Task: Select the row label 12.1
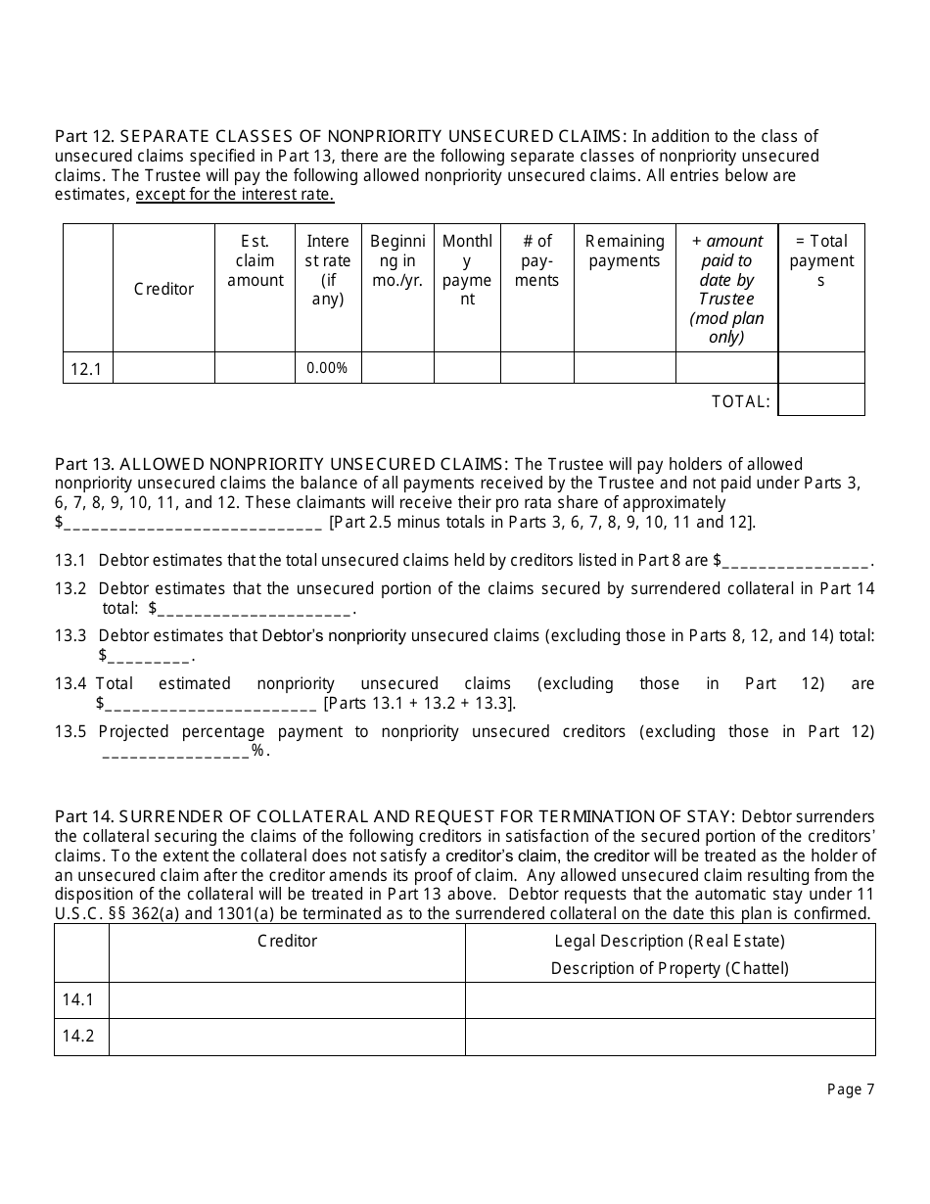pyautogui.click(x=87, y=369)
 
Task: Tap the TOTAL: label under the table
pyautogui.click(x=740, y=400)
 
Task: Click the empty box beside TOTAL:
pyautogui.click(x=820, y=399)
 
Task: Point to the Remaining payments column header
pyautogui.click(x=625, y=251)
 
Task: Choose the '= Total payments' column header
pyautogui.click(x=820, y=260)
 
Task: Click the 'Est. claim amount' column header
pyautogui.click(x=255, y=260)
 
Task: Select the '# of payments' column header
pyautogui.click(x=537, y=260)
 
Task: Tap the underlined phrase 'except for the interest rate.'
pyautogui.click(x=235, y=194)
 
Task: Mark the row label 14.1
pyautogui.click(x=78, y=1000)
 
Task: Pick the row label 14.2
pyautogui.click(x=78, y=1037)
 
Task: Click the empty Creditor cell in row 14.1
pyautogui.click(x=287, y=1000)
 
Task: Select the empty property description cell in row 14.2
pyautogui.click(x=670, y=1037)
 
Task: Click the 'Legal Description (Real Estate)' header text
pyautogui.click(x=670, y=941)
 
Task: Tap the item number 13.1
pyautogui.click(x=70, y=560)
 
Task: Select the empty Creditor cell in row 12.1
pyautogui.click(x=163, y=368)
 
